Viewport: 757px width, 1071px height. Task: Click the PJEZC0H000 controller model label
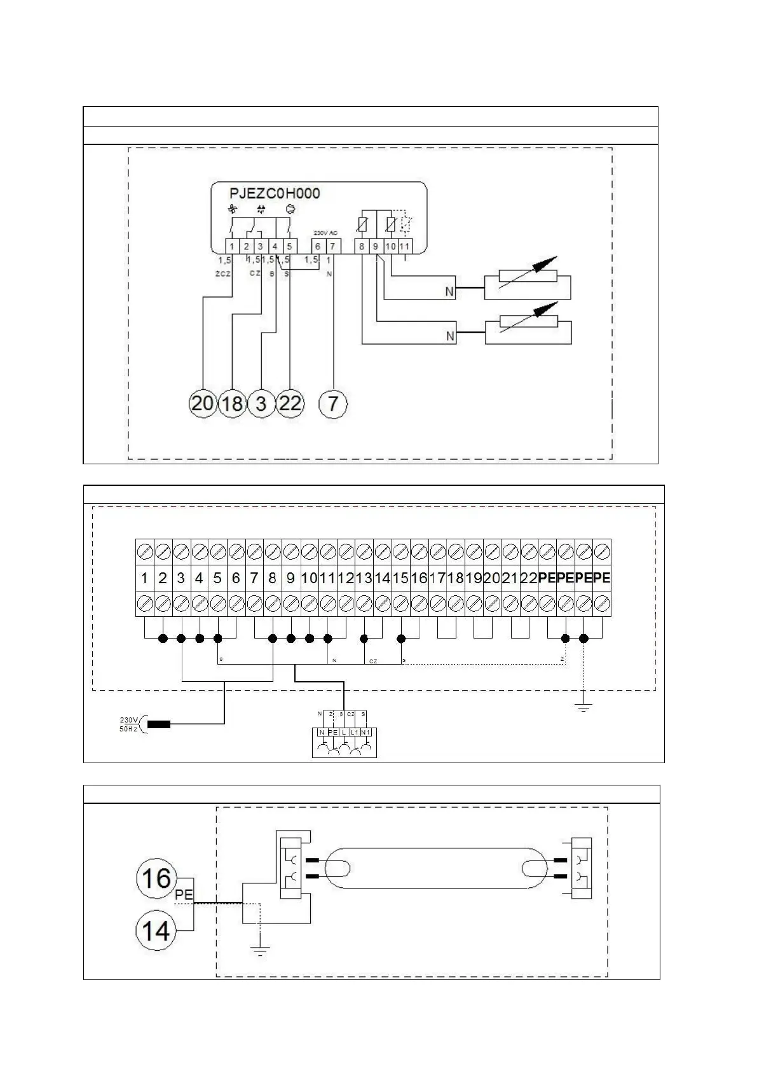click(275, 193)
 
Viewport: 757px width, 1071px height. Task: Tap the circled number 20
click(202, 404)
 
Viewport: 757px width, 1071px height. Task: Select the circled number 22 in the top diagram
click(290, 404)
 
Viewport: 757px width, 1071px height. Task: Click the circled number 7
click(333, 404)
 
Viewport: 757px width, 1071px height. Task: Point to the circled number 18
click(232, 404)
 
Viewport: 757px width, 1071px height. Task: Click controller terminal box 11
click(404, 246)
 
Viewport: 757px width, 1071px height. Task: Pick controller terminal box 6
click(318, 246)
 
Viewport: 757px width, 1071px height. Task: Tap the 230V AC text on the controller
click(325, 233)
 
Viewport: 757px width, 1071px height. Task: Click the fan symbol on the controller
click(232, 209)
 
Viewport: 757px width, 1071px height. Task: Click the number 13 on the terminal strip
click(364, 578)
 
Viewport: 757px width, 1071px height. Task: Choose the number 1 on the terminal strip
click(145, 578)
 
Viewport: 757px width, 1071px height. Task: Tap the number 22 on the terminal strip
click(529, 578)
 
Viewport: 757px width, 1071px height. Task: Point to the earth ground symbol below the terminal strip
click(583, 707)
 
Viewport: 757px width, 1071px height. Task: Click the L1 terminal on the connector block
click(354, 733)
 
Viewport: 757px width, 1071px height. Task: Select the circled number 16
click(156, 878)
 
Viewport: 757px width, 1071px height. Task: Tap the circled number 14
click(156, 931)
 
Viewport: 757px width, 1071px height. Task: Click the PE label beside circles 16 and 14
click(184, 895)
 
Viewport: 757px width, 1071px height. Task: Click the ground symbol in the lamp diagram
click(259, 951)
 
